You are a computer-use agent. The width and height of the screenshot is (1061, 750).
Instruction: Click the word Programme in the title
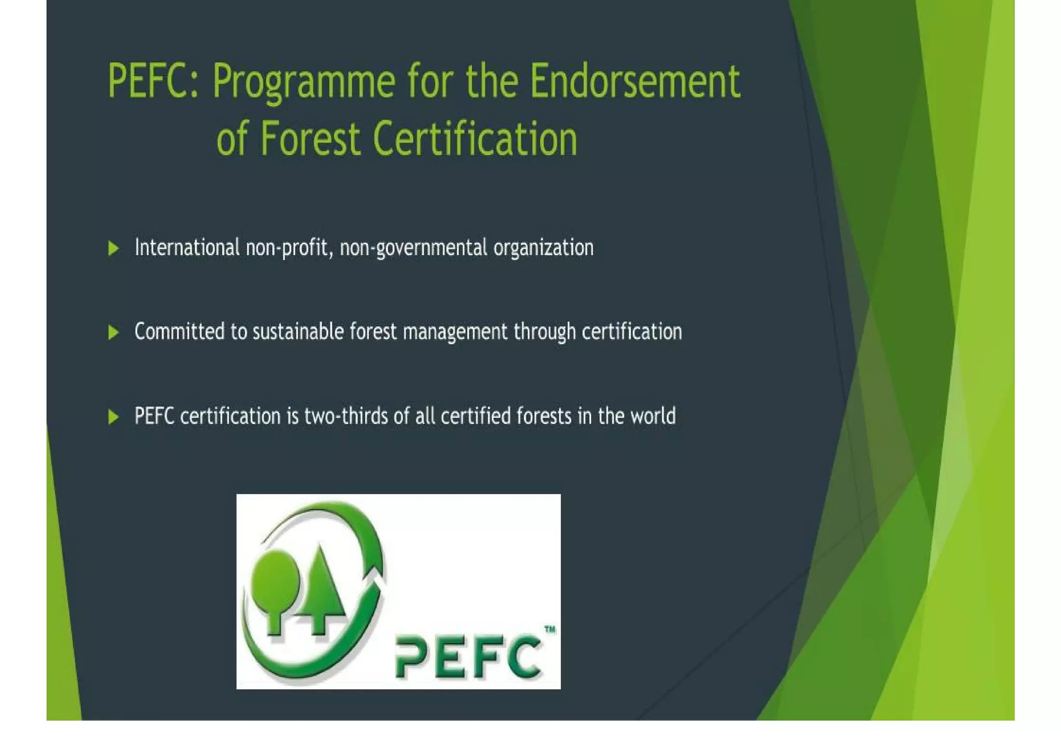304,82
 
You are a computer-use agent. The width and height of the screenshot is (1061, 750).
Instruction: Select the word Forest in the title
310,139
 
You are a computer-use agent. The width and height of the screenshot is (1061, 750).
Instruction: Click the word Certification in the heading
475,139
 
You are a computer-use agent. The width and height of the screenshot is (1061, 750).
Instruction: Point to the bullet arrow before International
113,248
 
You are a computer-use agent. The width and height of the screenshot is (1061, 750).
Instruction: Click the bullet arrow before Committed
113,332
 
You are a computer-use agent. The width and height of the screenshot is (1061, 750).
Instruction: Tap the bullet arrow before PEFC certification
113,417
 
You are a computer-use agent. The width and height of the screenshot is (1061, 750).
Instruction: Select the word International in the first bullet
187,247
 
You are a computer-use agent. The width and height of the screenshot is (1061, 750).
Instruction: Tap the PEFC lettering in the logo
467,657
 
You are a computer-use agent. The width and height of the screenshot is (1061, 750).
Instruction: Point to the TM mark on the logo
550,629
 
